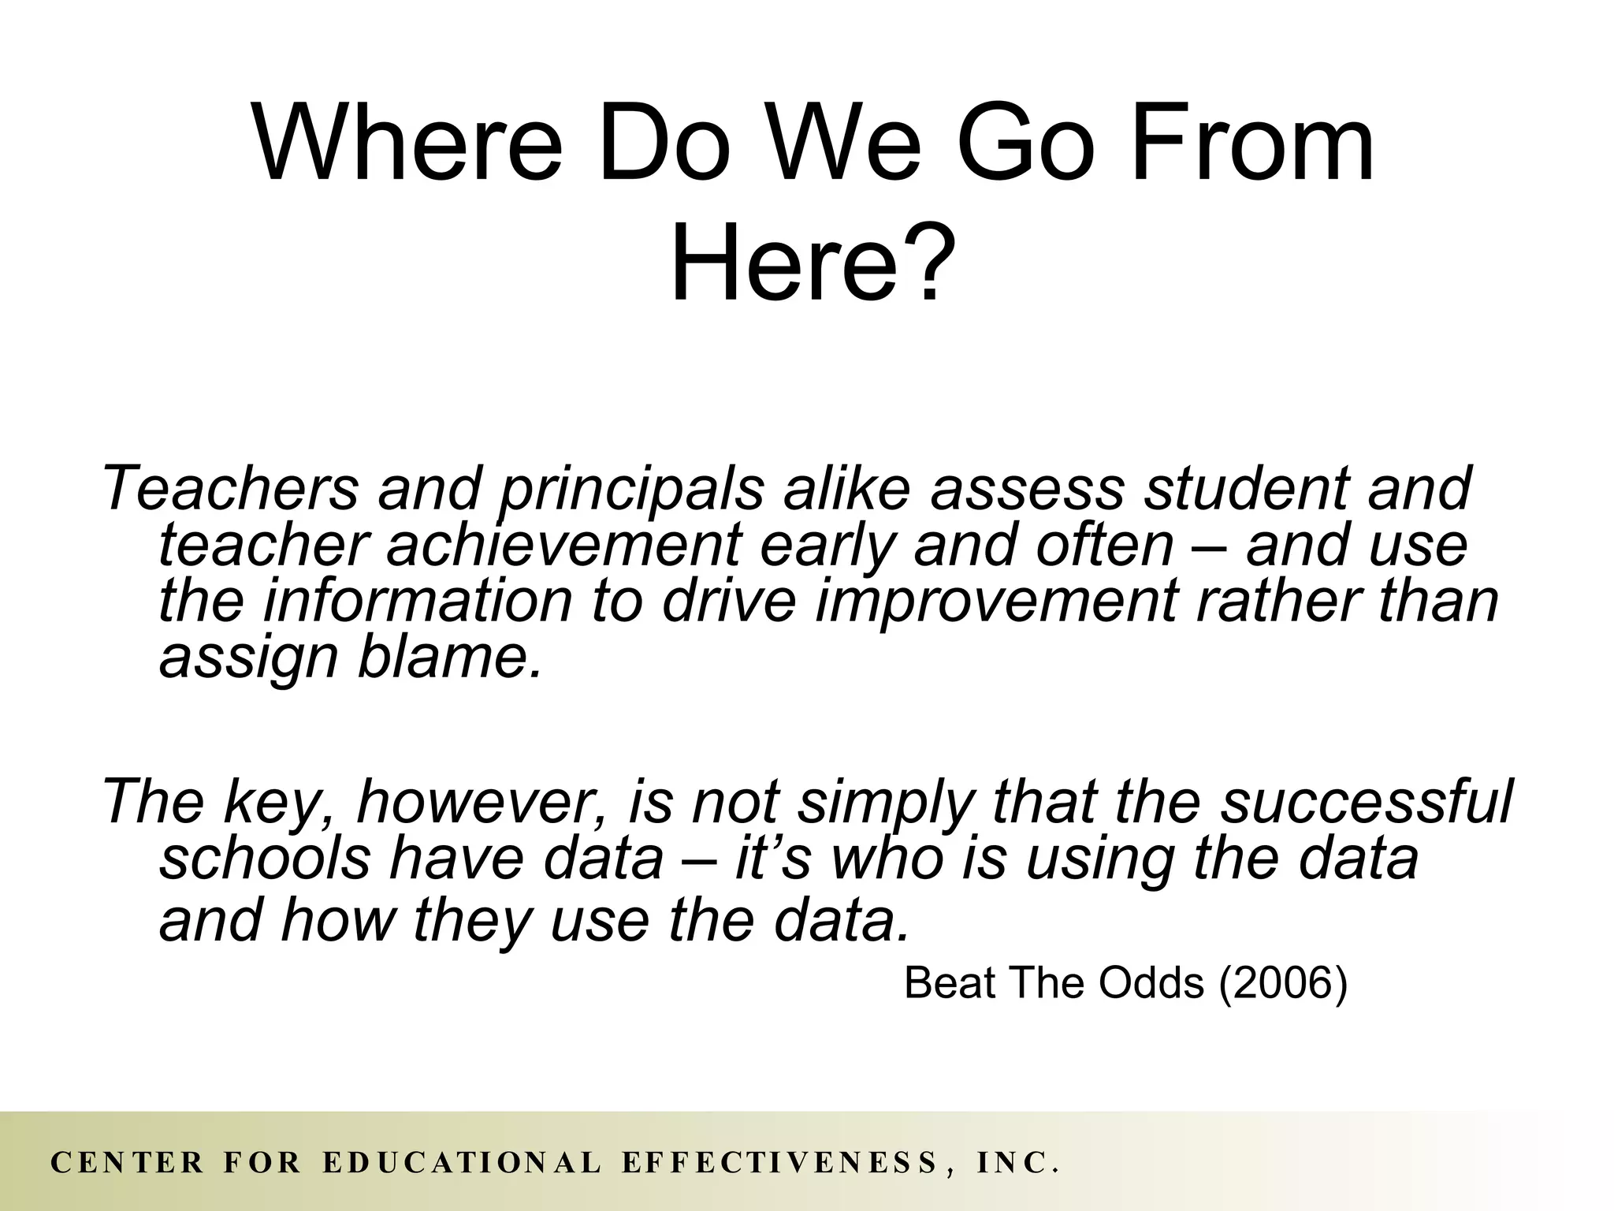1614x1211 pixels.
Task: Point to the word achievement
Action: coord(563,546)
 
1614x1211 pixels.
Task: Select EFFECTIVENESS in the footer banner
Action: coord(780,1163)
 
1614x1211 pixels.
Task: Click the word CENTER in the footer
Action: coord(127,1163)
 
